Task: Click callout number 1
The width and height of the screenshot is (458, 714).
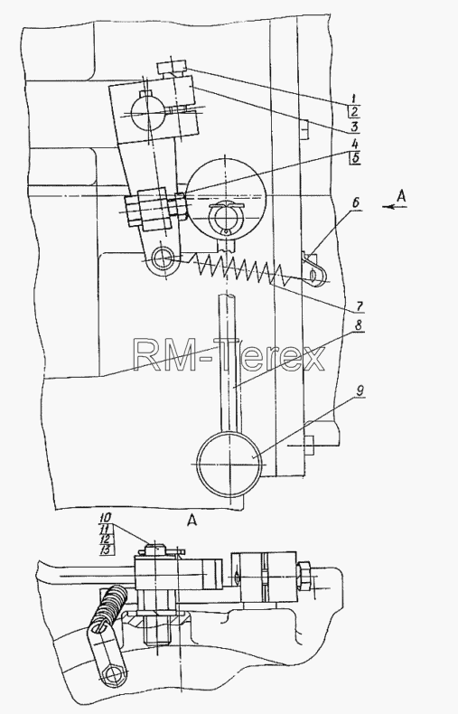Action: coord(353,98)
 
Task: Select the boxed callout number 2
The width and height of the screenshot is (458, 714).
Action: coord(354,112)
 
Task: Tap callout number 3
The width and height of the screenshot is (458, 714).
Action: coord(354,127)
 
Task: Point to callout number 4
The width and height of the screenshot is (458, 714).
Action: coord(355,144)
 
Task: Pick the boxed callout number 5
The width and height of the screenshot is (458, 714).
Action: coord(355,158)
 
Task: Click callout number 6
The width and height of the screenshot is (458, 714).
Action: coord(355,202)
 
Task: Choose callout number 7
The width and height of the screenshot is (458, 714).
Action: coord(360,306)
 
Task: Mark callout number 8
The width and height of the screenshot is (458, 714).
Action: coord(359,326)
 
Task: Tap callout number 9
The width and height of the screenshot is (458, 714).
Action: coord(360,390)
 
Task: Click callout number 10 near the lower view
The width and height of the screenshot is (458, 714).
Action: coord(106,518)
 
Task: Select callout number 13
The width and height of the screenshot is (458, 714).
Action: coord(106,550)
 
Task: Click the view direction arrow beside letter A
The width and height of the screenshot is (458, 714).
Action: coord(394,207)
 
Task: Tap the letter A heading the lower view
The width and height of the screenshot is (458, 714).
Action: coord(192,520)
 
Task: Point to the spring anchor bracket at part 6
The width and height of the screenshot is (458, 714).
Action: coord(315,270)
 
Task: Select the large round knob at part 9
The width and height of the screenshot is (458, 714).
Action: coord(230,465)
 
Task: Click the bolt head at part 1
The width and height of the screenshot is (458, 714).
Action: coord(171,69)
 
